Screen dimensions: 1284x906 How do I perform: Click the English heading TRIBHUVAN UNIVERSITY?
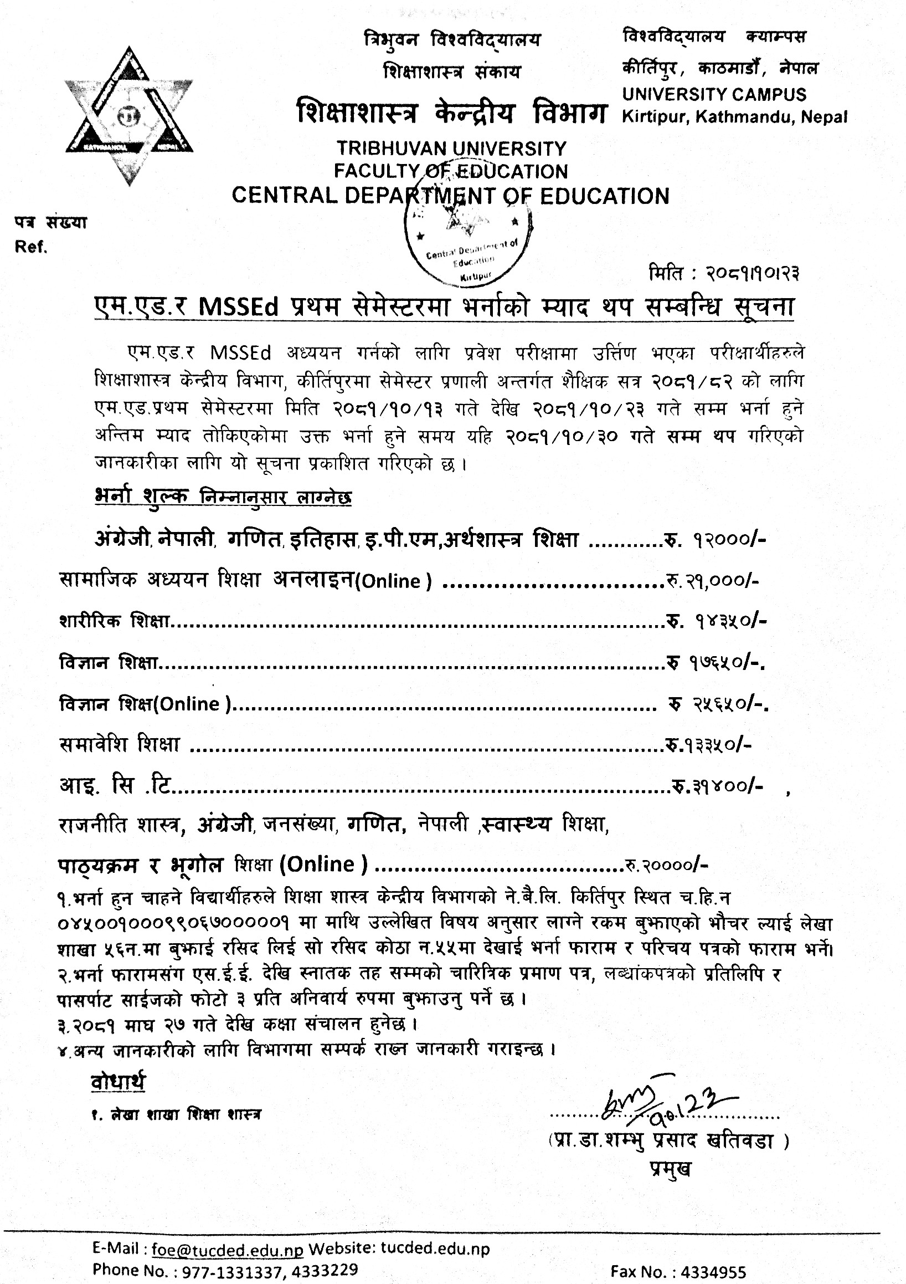tap(451, 148)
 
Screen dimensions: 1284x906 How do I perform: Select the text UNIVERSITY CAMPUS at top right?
tap(714, 94)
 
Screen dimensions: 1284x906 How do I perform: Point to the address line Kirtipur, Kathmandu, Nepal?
tap(734, 117)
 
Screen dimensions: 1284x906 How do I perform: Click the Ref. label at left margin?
tap(31, 247)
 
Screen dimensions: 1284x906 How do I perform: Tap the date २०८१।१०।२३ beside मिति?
tap(749, 274)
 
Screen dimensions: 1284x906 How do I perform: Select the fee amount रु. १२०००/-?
tap(716, 540)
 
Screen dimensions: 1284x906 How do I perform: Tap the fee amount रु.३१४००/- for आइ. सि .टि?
tap(717, 786)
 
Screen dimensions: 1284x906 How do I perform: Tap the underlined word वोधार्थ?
tap(118, 1082)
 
